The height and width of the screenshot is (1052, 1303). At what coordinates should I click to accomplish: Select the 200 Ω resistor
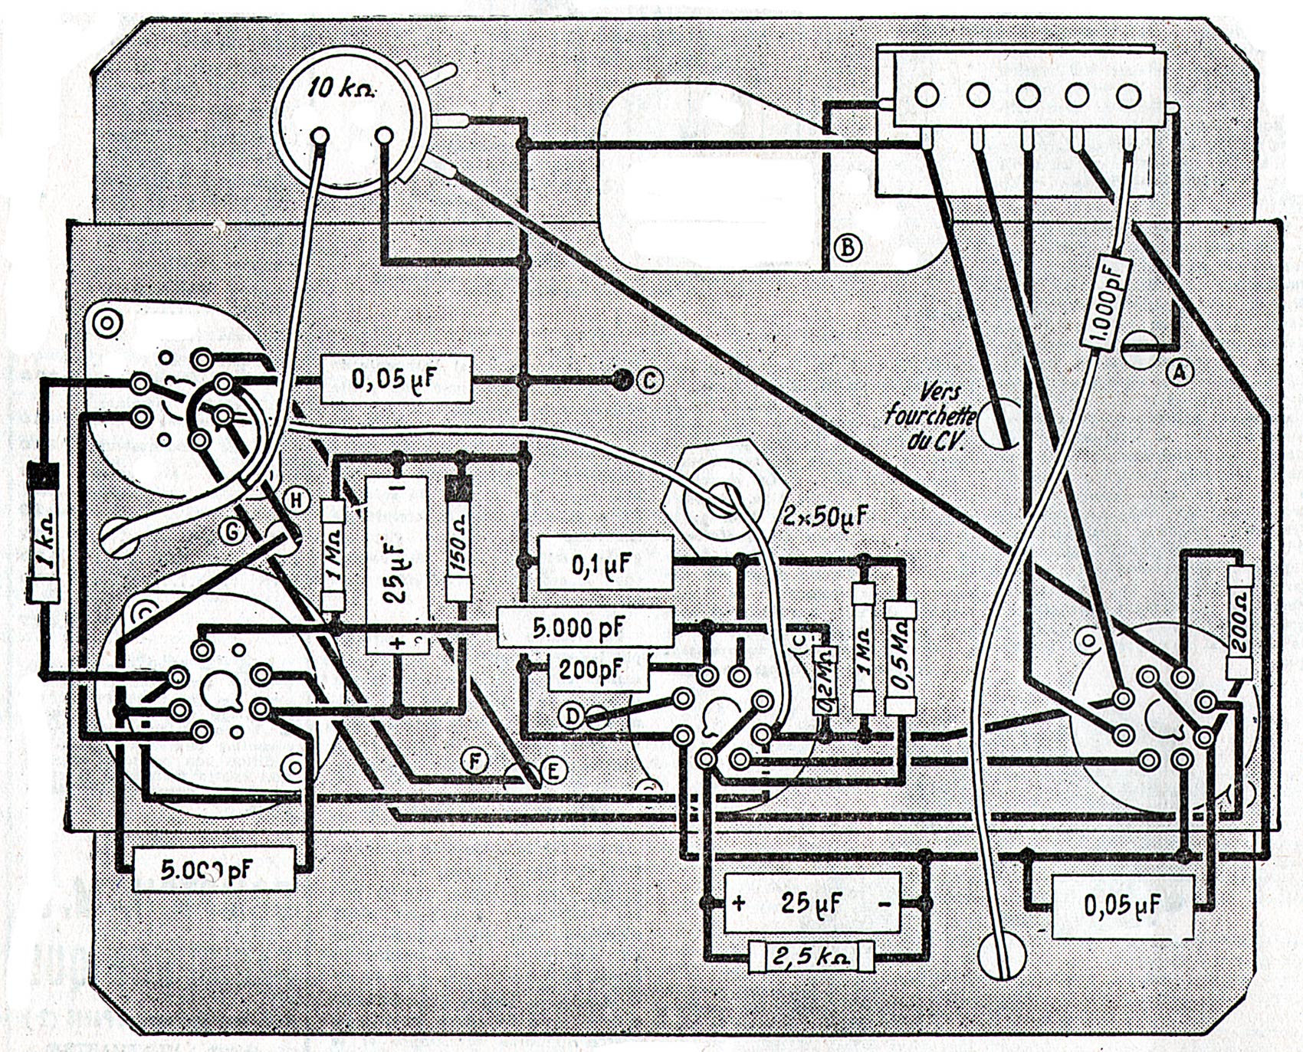1240,622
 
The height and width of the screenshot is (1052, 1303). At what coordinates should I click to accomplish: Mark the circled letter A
1179,372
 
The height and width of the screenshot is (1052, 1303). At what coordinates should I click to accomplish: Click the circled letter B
847,247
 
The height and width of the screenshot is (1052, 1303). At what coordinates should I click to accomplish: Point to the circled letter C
648,380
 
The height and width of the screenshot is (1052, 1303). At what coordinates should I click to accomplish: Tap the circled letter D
572,716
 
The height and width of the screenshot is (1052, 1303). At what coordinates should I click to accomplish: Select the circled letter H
295,501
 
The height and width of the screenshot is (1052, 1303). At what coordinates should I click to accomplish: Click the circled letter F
475,761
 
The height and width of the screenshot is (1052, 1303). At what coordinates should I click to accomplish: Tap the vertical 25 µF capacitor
396,565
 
